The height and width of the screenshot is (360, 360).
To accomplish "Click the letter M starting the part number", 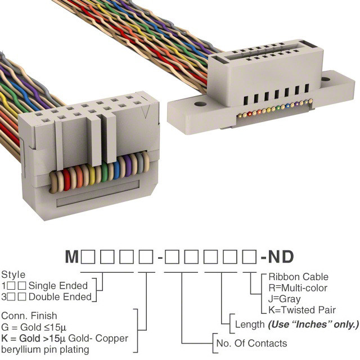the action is tap(72, 256).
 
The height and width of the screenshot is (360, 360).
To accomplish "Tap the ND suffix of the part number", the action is tap(281, 256).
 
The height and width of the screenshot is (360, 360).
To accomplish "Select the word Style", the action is tap(13, 275).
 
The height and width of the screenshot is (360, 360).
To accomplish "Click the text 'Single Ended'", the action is tap(58, 286).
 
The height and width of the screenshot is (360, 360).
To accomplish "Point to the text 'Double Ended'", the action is tap(60, 297).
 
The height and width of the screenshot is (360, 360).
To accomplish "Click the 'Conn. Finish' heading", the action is tap(29, 316).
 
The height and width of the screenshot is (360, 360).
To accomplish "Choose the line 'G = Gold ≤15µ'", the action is tap(34, 327).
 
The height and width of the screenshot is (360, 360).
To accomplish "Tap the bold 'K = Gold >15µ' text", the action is tap(33, 338).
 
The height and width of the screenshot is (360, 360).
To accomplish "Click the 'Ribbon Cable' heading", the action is tap(299, 277).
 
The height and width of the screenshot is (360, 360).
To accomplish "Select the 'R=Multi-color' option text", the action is tap(298, 288).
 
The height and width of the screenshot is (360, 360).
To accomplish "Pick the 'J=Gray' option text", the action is tap(285, 299).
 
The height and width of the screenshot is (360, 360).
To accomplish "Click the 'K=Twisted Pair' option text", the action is tap(302, 310).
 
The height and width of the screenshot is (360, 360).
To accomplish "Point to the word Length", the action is tap(250, 325).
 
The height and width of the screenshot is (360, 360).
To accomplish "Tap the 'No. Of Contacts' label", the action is tap(251, 344).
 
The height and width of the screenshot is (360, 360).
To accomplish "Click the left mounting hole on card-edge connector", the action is tap(200, 104).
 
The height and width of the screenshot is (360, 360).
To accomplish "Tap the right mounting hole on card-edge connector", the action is tap(326, 79).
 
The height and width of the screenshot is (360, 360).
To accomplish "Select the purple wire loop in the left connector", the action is tap(128, 166).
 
